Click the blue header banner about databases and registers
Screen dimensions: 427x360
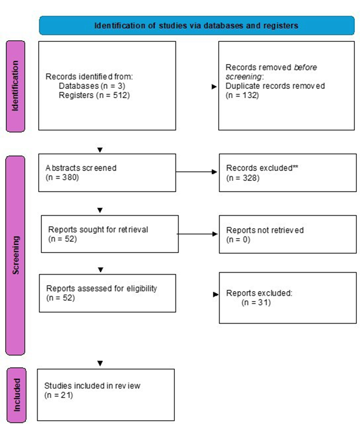[x=196, y=25]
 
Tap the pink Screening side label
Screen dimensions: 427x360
[x=15, y=255]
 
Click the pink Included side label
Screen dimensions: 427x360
[x=15, y=394]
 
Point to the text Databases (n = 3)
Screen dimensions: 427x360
[x=92, y=86]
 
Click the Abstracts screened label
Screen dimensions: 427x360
[x=81, y=168]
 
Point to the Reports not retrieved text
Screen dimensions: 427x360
[x=265, y=230]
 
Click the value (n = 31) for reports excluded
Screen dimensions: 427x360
[x=256, y=302]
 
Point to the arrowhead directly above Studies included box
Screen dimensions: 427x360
[x=101, y=363]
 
